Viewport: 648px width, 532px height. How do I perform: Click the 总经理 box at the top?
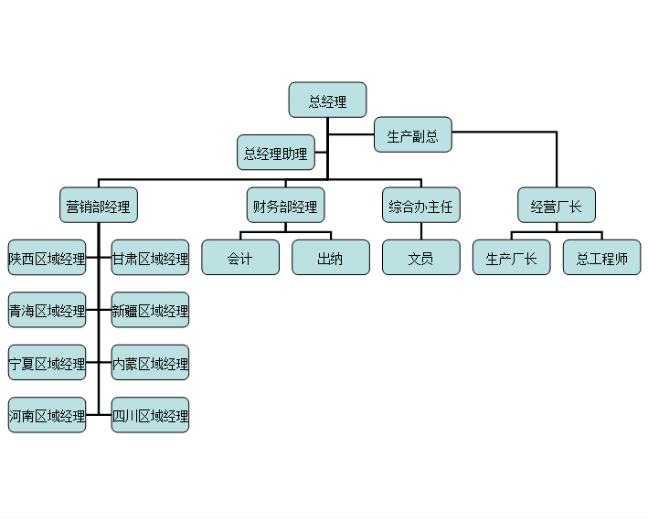click(327, 101)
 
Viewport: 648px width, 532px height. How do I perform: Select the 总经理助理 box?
click(276, 153)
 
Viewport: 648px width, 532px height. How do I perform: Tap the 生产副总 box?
click(412, 135)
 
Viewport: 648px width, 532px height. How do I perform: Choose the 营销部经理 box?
click(98, 206)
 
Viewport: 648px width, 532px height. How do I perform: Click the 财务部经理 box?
click(285, 206)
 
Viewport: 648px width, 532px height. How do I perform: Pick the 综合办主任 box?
click(420, 206)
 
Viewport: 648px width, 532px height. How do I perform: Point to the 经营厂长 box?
click(556, 206)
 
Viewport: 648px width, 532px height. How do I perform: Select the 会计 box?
click(239, 258)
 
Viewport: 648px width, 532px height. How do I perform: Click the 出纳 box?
click(330, 258)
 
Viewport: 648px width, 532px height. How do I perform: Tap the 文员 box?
click(420, 258)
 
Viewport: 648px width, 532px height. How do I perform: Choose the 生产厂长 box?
click(511, 258)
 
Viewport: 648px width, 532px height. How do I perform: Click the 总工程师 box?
click(601, 258)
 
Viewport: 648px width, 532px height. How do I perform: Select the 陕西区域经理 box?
click(47, 258)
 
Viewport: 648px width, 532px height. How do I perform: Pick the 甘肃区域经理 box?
click(150, 258)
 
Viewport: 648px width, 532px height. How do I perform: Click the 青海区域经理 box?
click(47, 310)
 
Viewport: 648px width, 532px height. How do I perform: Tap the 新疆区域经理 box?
click(150, 310)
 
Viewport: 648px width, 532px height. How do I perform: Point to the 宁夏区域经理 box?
click(47, 363)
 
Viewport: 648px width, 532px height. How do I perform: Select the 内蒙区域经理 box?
click(150, 363)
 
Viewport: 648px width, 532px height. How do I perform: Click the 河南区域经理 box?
click(47, 416)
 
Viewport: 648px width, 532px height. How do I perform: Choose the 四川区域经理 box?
click(150, 416)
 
